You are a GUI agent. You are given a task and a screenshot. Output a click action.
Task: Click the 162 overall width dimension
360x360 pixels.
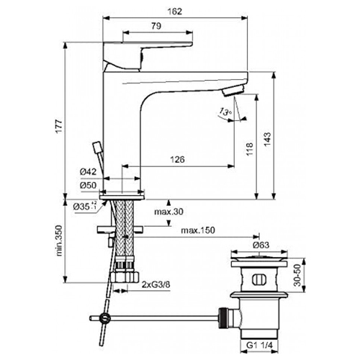tap(175, 12)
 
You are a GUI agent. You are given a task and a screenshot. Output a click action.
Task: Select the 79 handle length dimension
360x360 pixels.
tap(156, 26)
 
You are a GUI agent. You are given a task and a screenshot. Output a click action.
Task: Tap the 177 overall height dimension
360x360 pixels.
tap(59, 126)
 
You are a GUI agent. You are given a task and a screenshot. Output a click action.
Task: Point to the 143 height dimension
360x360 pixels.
tap(267, 138)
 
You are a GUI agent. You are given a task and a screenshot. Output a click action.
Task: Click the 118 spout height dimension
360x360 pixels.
tap(250, 149)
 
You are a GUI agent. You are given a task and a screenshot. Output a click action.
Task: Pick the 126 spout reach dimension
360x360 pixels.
tap(177, 159)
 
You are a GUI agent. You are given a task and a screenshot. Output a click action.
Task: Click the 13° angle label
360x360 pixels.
tap(225, 112)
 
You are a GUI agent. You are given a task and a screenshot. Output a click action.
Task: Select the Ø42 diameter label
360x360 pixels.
tap(88, 171)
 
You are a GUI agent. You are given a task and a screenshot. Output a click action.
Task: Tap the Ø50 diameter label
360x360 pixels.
tap(88, 185)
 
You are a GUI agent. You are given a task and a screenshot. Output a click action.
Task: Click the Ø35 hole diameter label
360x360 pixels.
tap(85, 207)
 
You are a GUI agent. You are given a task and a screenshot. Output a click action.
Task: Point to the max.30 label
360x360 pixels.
tap(168, 212)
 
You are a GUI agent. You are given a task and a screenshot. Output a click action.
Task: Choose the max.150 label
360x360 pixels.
tap(198, 230)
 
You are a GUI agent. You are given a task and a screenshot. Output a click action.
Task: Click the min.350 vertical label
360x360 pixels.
tap(59, 240)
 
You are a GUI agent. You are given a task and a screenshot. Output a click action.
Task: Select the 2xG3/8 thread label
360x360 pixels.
tap(156, 285)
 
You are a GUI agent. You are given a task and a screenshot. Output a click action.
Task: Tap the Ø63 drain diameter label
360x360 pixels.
tap(261, 246)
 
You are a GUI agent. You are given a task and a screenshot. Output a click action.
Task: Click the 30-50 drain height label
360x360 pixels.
tap(297, 275)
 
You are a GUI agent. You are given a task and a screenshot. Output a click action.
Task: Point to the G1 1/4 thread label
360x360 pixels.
tap(260, 346)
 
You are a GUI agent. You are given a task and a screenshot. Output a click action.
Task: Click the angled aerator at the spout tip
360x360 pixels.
tap(233, 91)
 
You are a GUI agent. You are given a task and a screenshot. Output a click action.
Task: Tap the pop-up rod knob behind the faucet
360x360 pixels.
tap(97, 147)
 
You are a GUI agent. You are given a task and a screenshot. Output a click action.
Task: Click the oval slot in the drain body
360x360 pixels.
tap(259, 279)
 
